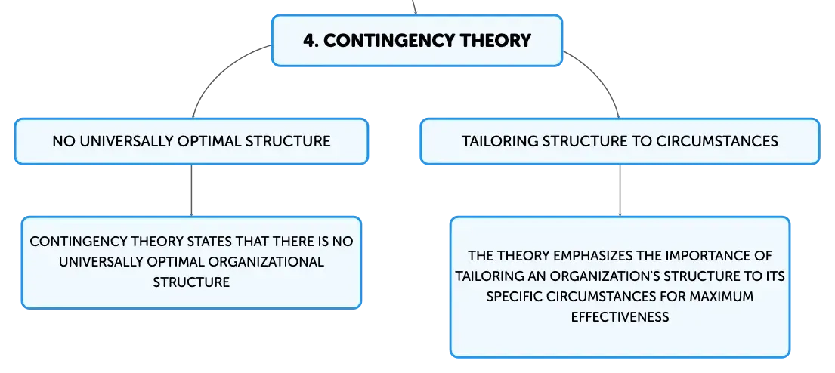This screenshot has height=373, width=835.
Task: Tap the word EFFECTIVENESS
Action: pos(620,316)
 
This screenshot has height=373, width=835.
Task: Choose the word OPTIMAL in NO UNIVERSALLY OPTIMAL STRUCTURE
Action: pos(215,141)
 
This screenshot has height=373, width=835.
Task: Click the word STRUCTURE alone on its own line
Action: pos(191,282)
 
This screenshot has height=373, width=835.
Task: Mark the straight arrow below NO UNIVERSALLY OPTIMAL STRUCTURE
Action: pos(191,190)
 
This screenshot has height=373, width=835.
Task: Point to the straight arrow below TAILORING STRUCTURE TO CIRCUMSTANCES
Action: pos(620,190)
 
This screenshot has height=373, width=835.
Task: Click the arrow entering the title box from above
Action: pos(414,7)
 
